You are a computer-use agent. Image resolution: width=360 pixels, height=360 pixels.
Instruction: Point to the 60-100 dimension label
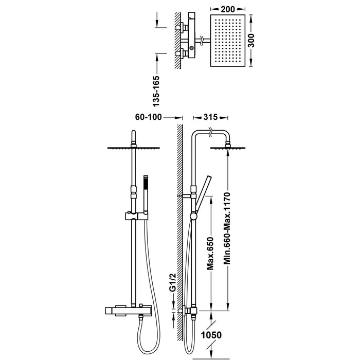150,117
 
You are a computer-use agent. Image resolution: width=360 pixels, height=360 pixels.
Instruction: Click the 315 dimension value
208,117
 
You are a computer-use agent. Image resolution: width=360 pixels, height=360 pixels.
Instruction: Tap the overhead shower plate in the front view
134,149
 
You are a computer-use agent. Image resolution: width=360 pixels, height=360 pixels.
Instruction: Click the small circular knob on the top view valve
192,48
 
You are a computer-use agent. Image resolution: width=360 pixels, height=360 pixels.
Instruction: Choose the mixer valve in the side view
192,311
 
